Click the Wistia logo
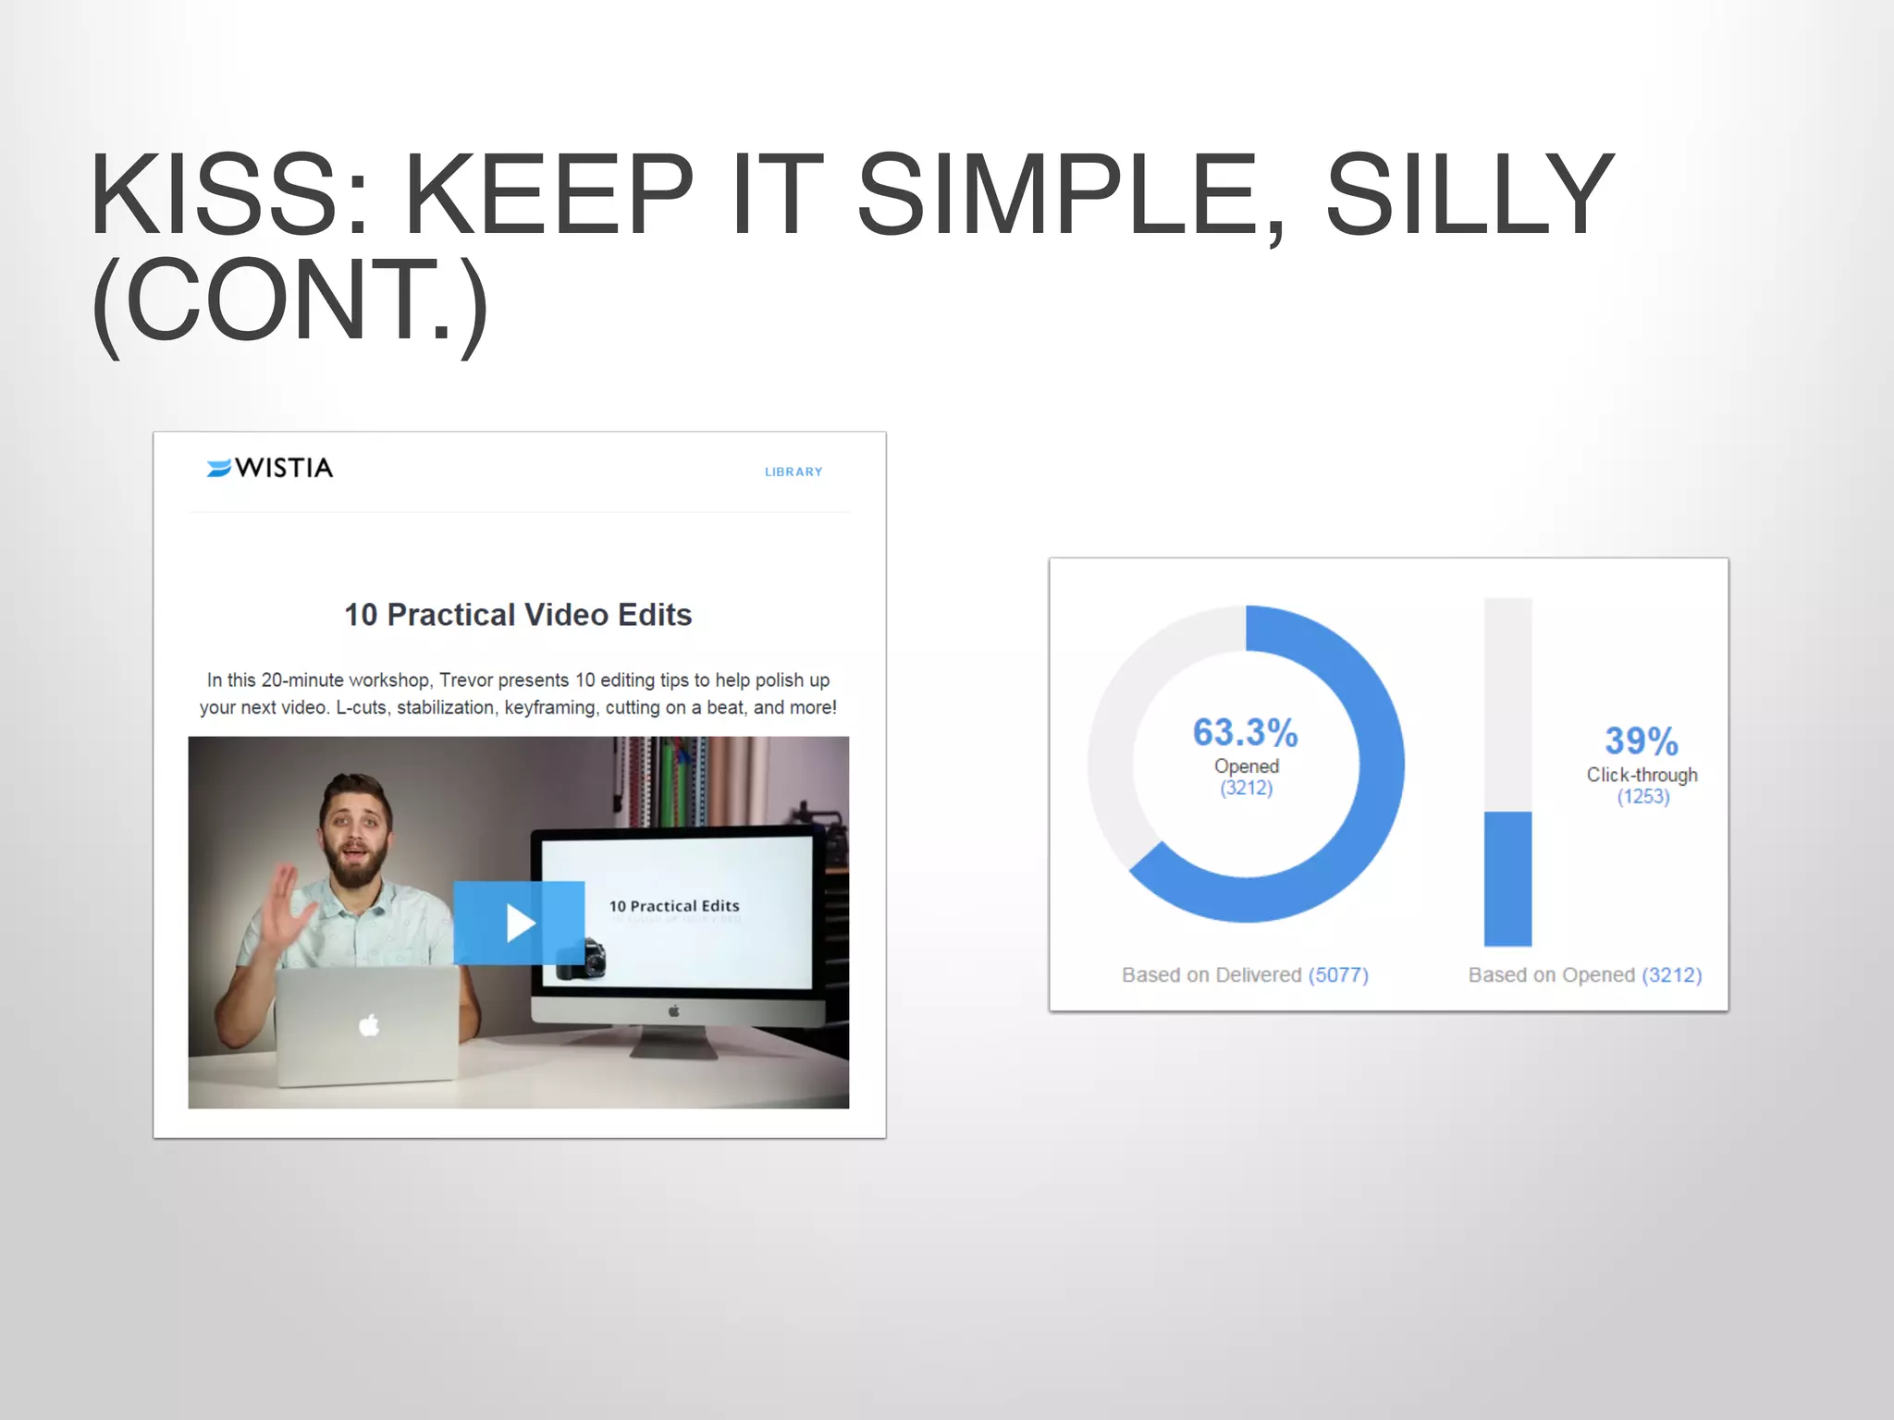click(x=269, y=468)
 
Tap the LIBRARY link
click(x=793, y=471)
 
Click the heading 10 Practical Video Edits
click(x=518, y=615)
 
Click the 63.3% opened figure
click(x=1245, y=733)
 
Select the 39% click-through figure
click(x=1641, y=741)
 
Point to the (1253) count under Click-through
click(x=1642, y=797)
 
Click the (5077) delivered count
click(x=1337, y=974)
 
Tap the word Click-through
click(x=1642, y=775)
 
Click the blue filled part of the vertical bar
click(x=1507, y=878)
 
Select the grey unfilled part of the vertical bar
click(x=1507, y=703)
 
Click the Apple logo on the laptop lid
click(x=369, y=1025)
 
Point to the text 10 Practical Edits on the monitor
click(x=673, y=906)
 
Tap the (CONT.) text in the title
click(x=289, y=301)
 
